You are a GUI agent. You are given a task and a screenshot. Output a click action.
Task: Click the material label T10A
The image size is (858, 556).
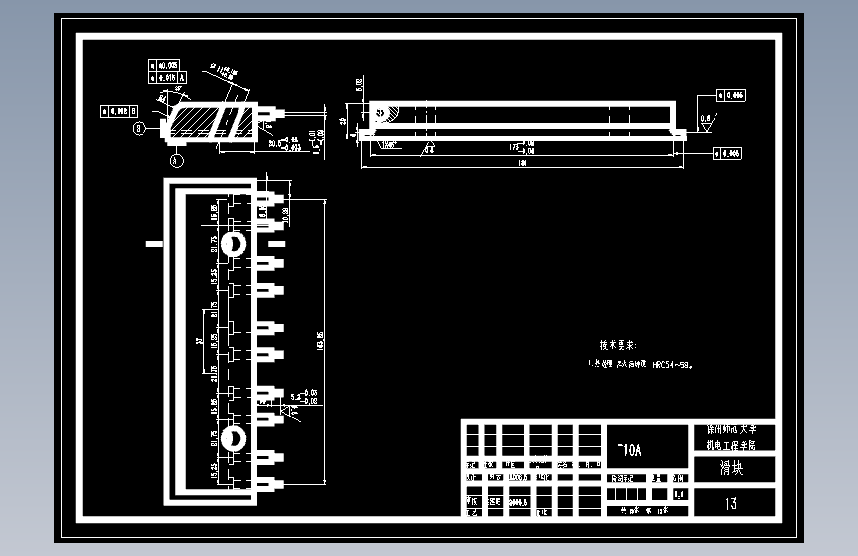pos(629,450)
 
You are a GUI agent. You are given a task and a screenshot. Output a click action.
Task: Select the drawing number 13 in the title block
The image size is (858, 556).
pos(730,503)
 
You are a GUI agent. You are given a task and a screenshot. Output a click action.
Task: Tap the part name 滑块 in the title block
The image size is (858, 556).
pos(730,468)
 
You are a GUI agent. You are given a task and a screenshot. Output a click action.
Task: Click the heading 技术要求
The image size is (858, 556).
pos(618,345)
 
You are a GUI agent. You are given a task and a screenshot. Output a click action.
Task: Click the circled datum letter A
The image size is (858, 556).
pos(176,158)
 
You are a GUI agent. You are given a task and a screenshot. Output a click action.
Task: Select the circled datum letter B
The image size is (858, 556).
pos(140,127)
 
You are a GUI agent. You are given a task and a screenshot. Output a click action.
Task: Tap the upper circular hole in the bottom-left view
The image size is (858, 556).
pos(236,244)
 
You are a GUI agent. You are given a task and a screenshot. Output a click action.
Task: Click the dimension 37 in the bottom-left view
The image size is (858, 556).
pos(200,341)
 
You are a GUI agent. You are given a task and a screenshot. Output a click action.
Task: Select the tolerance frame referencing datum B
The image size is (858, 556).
pos(118,111)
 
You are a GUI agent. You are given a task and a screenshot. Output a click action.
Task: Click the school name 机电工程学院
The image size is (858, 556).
pos(730,445)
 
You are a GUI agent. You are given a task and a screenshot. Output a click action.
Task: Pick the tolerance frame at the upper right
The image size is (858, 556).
pos(730,96)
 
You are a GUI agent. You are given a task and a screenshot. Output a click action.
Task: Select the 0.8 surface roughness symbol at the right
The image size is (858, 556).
pos(705,119)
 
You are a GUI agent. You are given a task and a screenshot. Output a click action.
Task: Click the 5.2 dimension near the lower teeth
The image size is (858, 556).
pos(294,396)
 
